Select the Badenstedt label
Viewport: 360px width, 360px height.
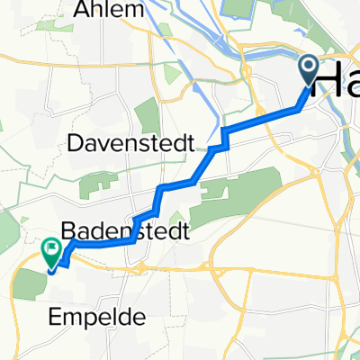coord(125,231)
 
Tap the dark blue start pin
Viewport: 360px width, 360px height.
coord(309,72)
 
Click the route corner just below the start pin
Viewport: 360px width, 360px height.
coord(299,109)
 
